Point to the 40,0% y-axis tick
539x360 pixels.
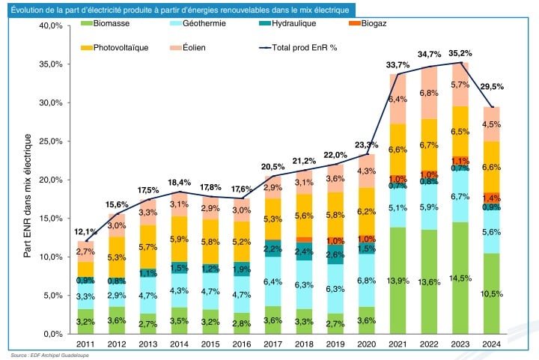click(54, 25)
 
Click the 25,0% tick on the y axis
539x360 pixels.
click(54, 141)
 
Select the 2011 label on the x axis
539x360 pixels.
click(86, 345)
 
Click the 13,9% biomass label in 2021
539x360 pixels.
click(397, 280)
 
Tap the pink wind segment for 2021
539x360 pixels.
click(397, 99)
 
